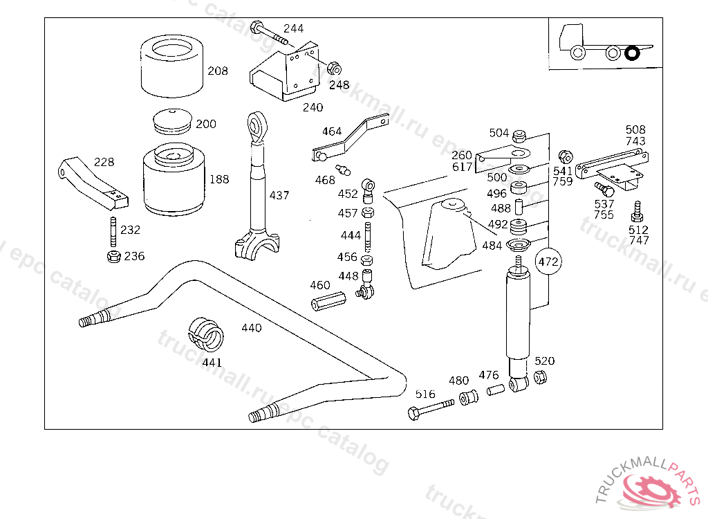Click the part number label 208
coord(218,71)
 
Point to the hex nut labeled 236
coord(114,257)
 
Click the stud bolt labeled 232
coord(111,230)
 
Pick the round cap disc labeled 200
coord(173,121)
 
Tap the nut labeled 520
coord(541,377)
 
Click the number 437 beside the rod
coord(279,196)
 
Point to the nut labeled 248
coord(333,68)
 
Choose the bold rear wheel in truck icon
coord(632,53)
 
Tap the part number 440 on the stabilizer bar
coord(252,327)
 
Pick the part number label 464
coord(332,131)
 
